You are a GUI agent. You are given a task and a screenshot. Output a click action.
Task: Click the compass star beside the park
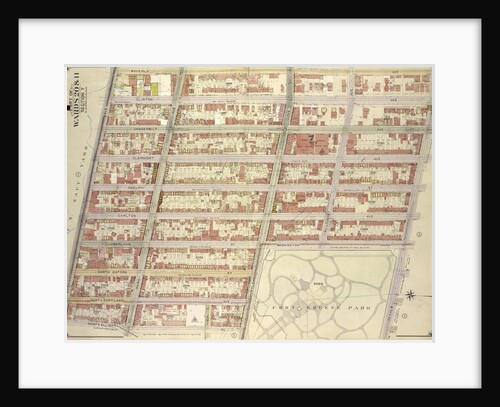click(x=409, y=294)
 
